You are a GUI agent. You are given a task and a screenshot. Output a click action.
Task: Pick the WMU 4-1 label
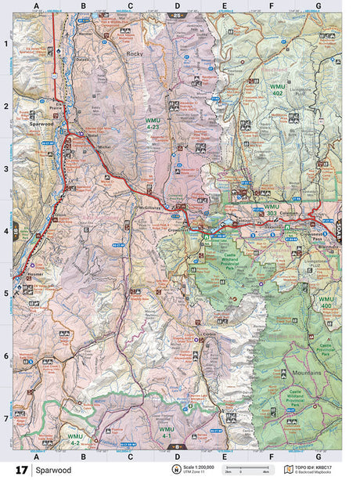167,433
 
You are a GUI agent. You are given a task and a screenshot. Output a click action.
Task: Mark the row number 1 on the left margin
6,44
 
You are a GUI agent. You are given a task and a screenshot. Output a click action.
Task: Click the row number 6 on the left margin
6,356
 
